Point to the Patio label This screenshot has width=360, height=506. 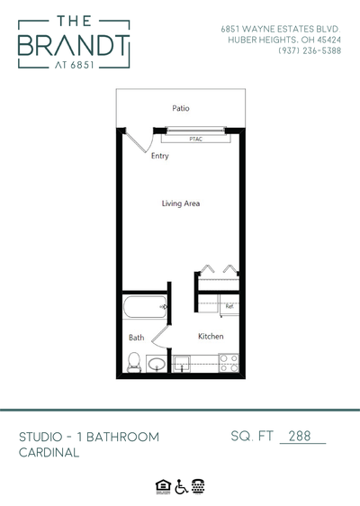click(x=180, y=109)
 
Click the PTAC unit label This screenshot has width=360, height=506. click(x=195, y=140)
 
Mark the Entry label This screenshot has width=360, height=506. click(x=160, y=156)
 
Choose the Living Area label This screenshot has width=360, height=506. click(x=180, y=203)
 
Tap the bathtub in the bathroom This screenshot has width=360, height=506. click(x=144, y=308)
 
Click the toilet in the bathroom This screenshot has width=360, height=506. click(x=134, y=363)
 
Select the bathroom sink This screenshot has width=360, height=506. click(x=157, y=365)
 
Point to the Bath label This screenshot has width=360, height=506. click(x=136, y=339)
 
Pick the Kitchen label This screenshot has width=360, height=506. click(x=211, y=337)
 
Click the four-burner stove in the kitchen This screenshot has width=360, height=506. click(x=229, y=363)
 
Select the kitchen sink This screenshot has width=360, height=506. click(x=182, y=364)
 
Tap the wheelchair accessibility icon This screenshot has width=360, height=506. click(x=180, y=485)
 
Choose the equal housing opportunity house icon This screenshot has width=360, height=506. click(x=163, y=485)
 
